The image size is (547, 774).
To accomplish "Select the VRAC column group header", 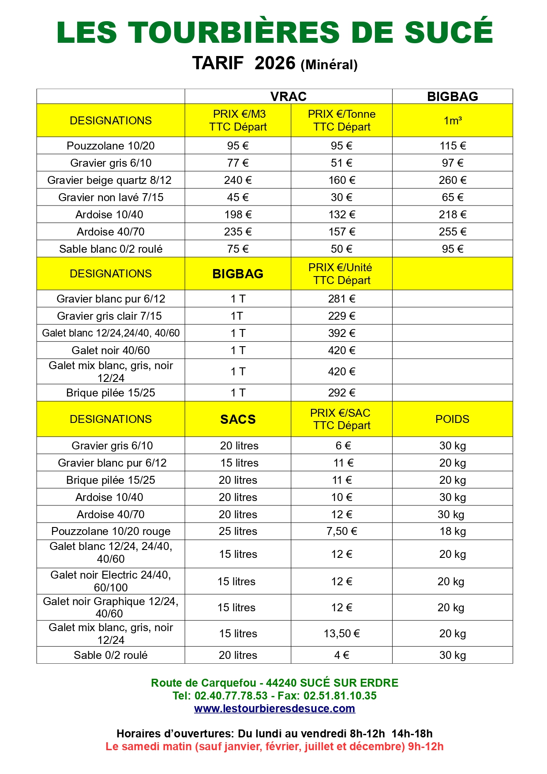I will pos(288,97).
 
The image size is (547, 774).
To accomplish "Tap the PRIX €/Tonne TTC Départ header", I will pos(341,120).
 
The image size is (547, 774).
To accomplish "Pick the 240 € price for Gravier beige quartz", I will pos(238,180).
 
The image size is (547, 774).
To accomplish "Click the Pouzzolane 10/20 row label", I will pos(110,146).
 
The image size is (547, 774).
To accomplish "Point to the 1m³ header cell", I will pos(452,120).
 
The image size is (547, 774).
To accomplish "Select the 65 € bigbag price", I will pos(452,197).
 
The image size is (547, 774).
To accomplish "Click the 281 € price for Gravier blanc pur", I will pos(341,299).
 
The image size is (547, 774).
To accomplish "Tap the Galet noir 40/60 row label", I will pos(110,350).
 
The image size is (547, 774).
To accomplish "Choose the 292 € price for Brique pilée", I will pos(341,393).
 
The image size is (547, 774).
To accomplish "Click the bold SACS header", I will pos(238,419).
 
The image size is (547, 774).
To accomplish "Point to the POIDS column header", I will pos(452,419).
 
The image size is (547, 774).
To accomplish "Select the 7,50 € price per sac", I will pos(341,531).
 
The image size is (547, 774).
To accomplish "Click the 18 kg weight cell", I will pos(452,531).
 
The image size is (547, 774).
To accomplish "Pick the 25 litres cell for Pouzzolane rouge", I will pos(238,531).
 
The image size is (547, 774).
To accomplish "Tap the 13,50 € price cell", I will pos(341,633).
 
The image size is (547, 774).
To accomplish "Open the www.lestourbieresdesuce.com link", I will pos(274,708).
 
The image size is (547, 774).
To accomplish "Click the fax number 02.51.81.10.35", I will pos(340,695).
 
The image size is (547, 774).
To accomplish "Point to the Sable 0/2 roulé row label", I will pos(110,655).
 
